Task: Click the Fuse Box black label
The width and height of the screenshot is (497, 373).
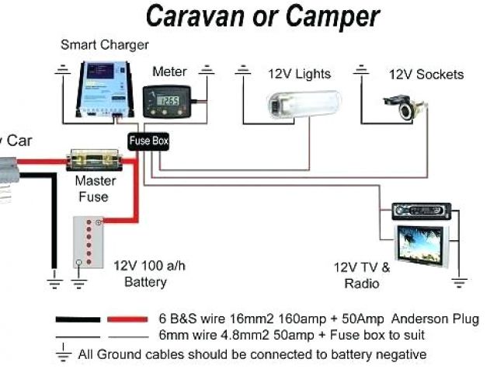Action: (148, 141)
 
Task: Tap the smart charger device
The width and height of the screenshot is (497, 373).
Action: (105, 86)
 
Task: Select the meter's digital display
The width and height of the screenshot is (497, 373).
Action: (168, 99)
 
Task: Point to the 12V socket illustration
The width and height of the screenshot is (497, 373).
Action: (405, 106)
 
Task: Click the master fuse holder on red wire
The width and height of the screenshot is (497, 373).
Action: (94, 162)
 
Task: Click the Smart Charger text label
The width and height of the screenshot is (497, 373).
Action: (104, 45)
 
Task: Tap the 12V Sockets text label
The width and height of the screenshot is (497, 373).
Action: (426, 75)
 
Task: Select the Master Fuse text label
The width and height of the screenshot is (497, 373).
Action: (95, 189)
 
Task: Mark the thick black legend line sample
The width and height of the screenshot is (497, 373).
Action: (77, 319)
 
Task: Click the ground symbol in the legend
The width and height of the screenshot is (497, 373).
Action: (64, 353)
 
